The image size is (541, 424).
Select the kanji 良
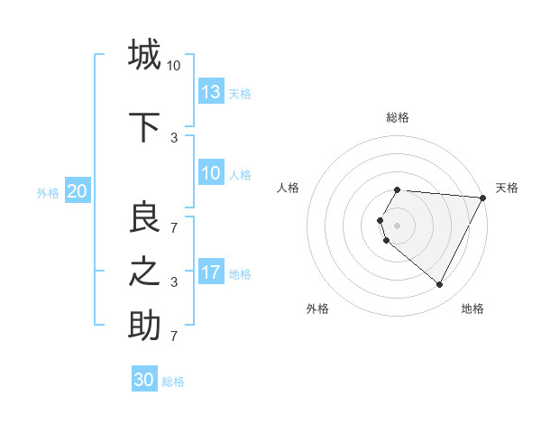144,217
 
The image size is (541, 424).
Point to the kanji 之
144,272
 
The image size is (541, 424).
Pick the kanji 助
144,326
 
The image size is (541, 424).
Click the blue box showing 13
211,92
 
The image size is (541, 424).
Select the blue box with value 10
211,173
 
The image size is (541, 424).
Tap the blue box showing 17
211,272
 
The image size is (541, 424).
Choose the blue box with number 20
78,191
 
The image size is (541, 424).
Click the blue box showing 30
144,380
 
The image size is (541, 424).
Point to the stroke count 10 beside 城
173,65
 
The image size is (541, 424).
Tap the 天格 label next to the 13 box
240,93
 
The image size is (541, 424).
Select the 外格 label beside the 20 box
48,192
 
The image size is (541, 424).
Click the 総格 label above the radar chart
398,117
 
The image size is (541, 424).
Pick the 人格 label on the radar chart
289,188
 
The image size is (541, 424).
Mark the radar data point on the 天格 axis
483,198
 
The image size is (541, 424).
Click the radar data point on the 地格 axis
440,284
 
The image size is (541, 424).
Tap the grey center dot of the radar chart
398,225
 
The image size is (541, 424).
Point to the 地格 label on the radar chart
472,309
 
